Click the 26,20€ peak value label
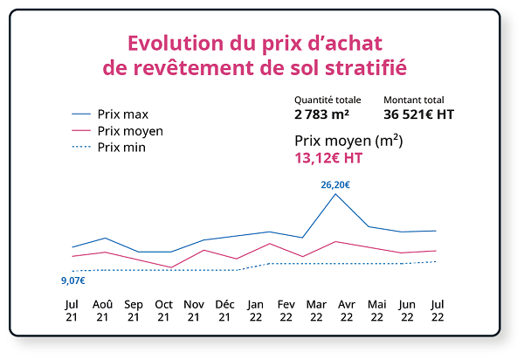pyautogui.click(x=335, y=184)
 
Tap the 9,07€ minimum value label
pyautogui.click(x=72, y=280)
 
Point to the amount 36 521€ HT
pyautogui.click(x=418, y=114)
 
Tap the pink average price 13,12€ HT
pyautogui.click(x=328, y=158)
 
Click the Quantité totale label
pyautogui.click(x=327, y=100)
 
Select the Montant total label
pyautogui.click(x=414, y=100)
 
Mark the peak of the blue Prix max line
pyautogui.click(x=335, y=194)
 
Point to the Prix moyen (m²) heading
pyautogui.click(x=348, y=140)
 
